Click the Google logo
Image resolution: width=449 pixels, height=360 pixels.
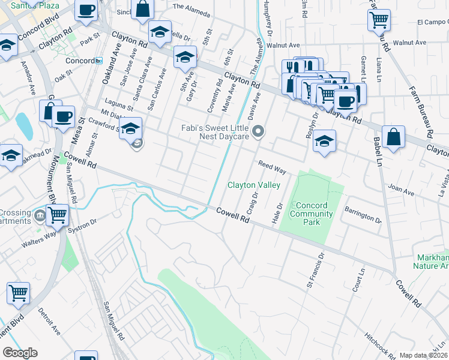point(20,353)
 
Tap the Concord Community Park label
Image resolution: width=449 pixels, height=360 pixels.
point(311,214)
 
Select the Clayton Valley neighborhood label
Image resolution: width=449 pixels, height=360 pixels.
point(253,185)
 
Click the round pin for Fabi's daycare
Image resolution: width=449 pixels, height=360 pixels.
point(259,131)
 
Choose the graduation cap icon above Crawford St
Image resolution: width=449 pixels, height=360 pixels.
point(130,128)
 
